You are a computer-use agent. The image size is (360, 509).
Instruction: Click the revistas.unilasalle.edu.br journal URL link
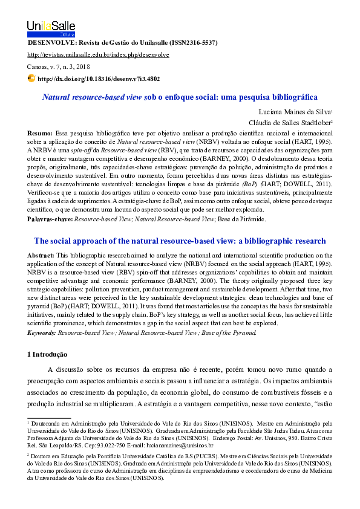point(98,55)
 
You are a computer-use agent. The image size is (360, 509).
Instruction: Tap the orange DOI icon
point(32,79)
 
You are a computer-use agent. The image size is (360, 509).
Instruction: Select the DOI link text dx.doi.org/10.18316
point(99,79)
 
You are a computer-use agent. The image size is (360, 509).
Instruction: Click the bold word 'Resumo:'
point(40,132)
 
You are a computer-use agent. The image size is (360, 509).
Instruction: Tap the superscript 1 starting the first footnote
point(28,423)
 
